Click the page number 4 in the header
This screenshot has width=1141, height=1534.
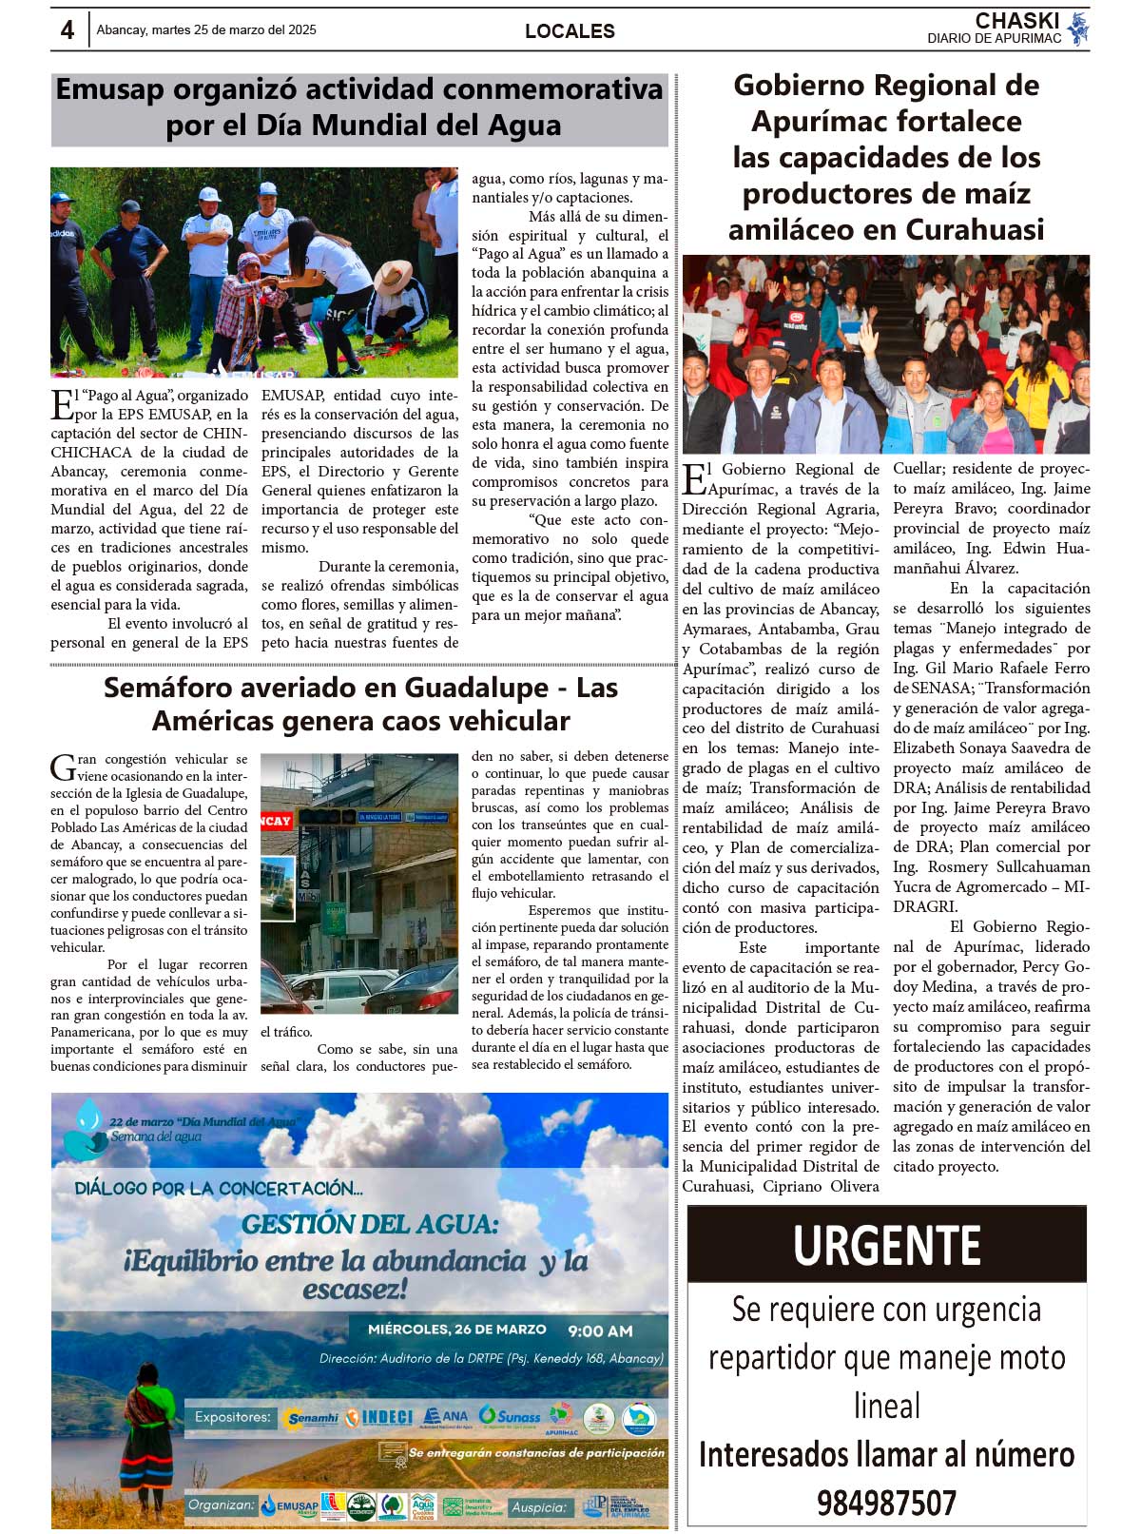pyautogui.click(x=68, y=30)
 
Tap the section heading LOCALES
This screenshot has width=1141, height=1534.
pyautogui.click(x=570, y=31)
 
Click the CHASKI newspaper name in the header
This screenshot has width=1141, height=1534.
pyautogui.click(x=1016, y=21)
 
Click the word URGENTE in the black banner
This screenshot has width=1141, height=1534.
pyautogui.click(x=886, y=1245)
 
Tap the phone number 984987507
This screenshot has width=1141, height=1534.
pyautogui.click(x=886, y=1504)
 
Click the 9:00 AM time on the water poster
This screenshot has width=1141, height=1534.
pyautogui.click(x=600, y=1331)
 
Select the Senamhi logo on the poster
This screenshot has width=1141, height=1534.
pyautogui.click(x=312, y=1418)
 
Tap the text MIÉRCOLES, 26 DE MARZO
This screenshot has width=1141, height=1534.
pyautogui.click(x=457, y=1330)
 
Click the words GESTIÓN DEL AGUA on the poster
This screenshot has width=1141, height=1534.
pyautogui.click(x=369, y=1225)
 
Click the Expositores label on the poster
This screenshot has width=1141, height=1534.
pyautogui.click(x=232, y=1417)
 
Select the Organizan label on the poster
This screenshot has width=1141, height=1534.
pyautogui.click(x=222, y=1505)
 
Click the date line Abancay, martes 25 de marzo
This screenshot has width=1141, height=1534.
pyautogui.click(x=206, y=30)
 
